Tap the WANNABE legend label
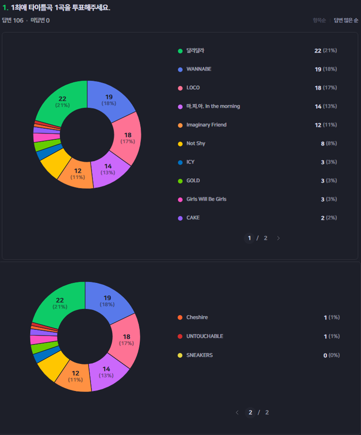coord(199,69)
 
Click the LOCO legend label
coord(193,88)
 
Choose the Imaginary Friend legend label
coord(206,125)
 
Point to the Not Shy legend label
coord(196,144)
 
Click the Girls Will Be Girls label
coord(206,199)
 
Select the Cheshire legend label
coord(197,317)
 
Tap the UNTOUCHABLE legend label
coord(204,336)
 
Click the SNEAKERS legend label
coord(199,355)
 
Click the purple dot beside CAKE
coord(180,218)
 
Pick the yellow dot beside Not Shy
coord(180,144)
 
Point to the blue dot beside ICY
coord(180,162)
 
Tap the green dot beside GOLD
coord(180,181)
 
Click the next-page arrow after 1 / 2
coord(278,238)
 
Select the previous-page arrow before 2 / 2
coord(237,413)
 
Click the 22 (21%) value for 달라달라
coord(325,51)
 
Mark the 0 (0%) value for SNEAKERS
coord(331,355)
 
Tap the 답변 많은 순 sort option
coord(346,20)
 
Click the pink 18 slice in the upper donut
coord(127,138)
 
